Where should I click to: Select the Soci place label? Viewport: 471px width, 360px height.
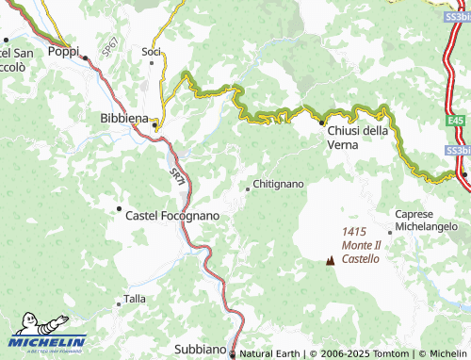click(x=151, y=51)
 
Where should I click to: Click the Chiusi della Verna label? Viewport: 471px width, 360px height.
click(x=357, y=138)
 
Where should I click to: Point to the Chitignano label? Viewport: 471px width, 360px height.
click(x=280, y=185)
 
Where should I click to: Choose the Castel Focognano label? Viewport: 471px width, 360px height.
click(x=172, y=216)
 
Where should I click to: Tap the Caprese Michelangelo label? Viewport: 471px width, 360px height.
click(x=432, y=221)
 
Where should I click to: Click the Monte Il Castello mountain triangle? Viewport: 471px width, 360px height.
click(x=330, y=261)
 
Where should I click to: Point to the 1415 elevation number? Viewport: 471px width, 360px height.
click(x=355, y=232)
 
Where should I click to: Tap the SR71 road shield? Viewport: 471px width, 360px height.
click(x=177, y=173)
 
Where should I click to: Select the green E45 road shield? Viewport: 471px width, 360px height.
click(x=455, y=121)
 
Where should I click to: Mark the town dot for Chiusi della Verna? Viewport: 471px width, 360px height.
click(x=320, y=123)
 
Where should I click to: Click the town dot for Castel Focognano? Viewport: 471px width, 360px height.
click(x=119, y=208)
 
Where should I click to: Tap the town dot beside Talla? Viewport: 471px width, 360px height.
click(x=118, y=303)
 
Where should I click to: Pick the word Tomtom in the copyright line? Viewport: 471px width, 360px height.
click(x=395, y=353)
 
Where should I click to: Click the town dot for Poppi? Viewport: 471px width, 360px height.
click(x=85, y=57)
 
